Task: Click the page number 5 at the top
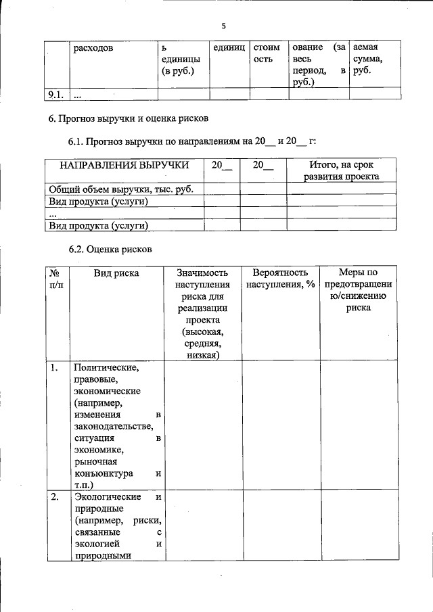click(x=223, y=26)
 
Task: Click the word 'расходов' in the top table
click(x=94, y=48)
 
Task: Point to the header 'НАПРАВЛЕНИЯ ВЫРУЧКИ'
click(x=123, y=165)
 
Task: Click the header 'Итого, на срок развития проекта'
click(x=341, y=170)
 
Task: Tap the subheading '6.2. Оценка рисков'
click(x=110, y=249)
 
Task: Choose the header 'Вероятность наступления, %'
click(x=281, y=279)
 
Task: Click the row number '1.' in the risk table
click(x=54, y=368)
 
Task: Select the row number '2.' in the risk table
click(x=54, y=498)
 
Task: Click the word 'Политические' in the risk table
click(x=106, y=368)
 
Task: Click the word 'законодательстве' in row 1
click(x=114, y=427)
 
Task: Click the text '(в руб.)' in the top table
click(x=177, y=72)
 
